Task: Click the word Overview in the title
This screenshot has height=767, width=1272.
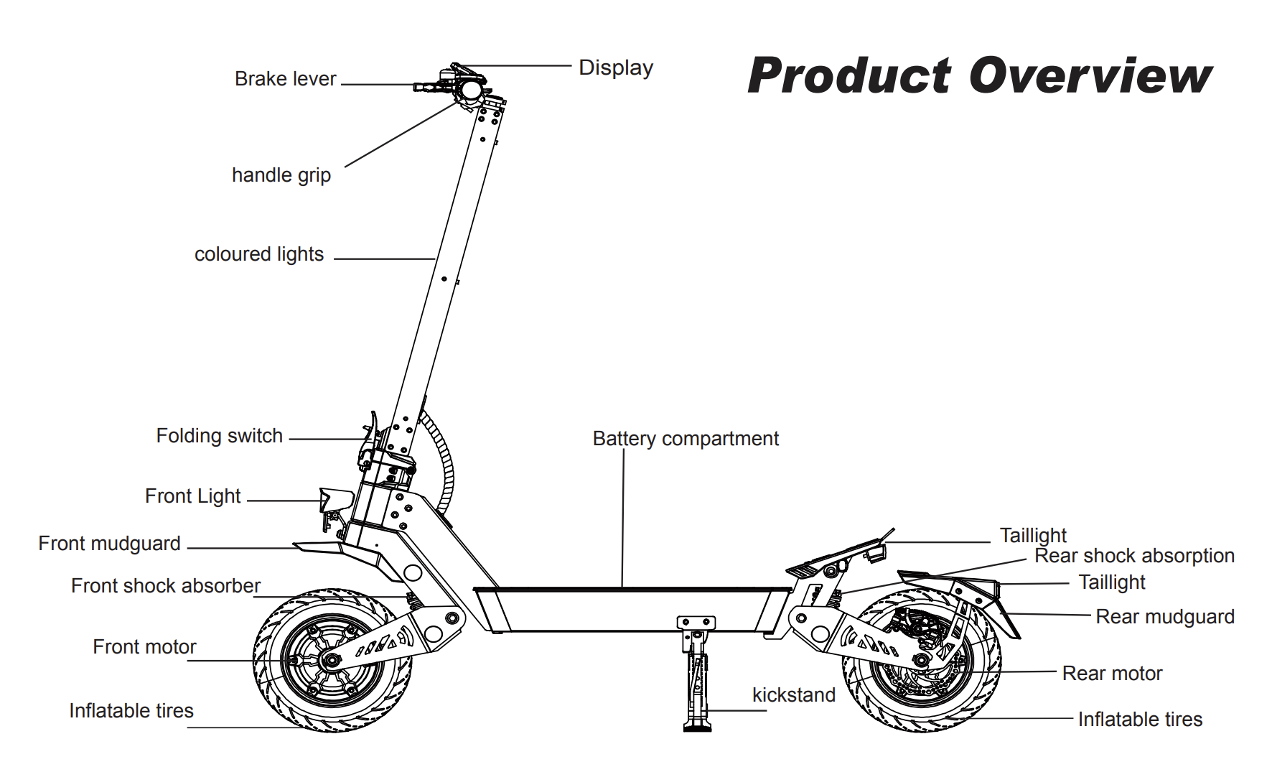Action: [1090, 76]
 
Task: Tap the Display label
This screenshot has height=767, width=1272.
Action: [616, 68]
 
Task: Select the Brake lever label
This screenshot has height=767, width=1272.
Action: [285, 79]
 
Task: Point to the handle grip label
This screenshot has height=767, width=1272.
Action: [281, 175]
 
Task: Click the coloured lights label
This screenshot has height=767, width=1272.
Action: [259, 254]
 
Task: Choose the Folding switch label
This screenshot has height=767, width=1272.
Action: [220, 436]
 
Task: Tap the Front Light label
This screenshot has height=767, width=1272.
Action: [192, 496]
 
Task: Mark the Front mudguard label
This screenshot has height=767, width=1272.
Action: [109, 544]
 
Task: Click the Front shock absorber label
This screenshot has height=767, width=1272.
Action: [165, 586]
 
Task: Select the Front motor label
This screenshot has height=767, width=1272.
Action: [144, 647]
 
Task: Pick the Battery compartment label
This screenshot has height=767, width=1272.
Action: [686, 439]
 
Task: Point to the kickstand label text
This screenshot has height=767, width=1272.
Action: [793, 695]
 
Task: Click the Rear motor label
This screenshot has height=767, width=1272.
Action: [1112, 674]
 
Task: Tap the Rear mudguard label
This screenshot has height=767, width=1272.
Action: [1164, 617]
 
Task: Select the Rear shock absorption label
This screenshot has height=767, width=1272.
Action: [1134, 556]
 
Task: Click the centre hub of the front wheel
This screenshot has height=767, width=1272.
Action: [332, 659]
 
